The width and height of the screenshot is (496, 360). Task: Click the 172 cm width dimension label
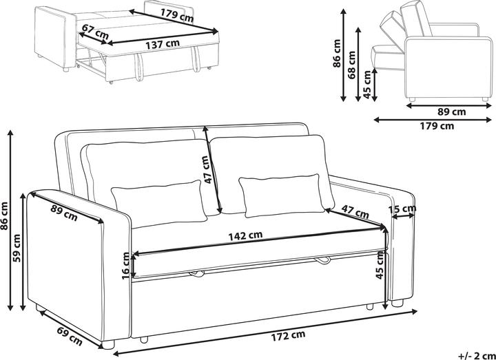click(288, 336)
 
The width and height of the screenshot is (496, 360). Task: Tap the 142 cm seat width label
click(245, 236)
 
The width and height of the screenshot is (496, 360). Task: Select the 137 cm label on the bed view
click(163, 43)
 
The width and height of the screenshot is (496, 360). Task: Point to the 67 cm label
click(95, 32)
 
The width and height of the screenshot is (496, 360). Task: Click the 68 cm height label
click(351, 65)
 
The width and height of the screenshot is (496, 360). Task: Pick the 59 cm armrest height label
click(16, 248)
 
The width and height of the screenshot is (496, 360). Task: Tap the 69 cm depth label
click(70, 336)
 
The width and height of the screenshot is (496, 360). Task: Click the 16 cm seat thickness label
click(126, 266)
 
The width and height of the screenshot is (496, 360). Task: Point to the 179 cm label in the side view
click(437, 126)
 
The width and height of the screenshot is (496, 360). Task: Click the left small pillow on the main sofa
click(159, 204)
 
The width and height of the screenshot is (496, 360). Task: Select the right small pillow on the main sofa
click(282, 195)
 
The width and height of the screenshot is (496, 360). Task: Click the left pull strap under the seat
click(197, 274)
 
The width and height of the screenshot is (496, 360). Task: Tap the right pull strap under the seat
click(322, 260)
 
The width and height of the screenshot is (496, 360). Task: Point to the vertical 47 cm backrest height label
click(209, 169)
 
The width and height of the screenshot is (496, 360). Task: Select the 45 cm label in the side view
click(367, 85)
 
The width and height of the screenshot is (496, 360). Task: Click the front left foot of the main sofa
click(108, 344)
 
